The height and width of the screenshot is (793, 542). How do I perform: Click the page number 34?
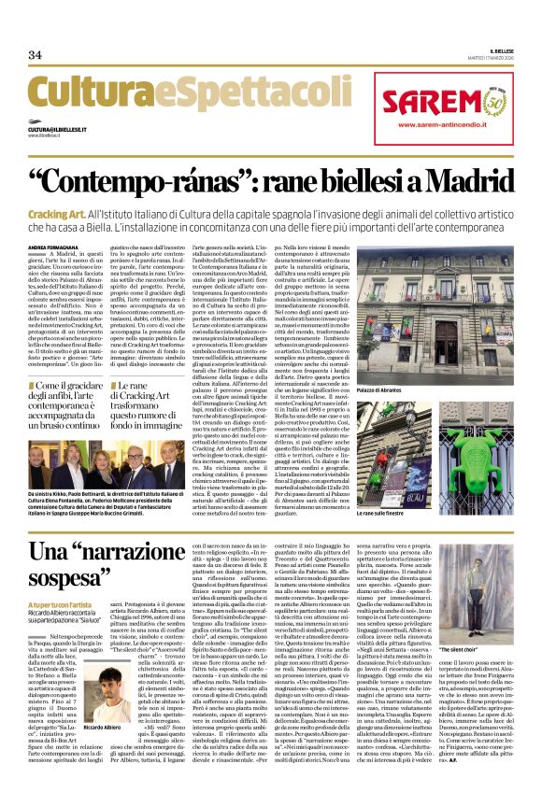click(x=35, y=54)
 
